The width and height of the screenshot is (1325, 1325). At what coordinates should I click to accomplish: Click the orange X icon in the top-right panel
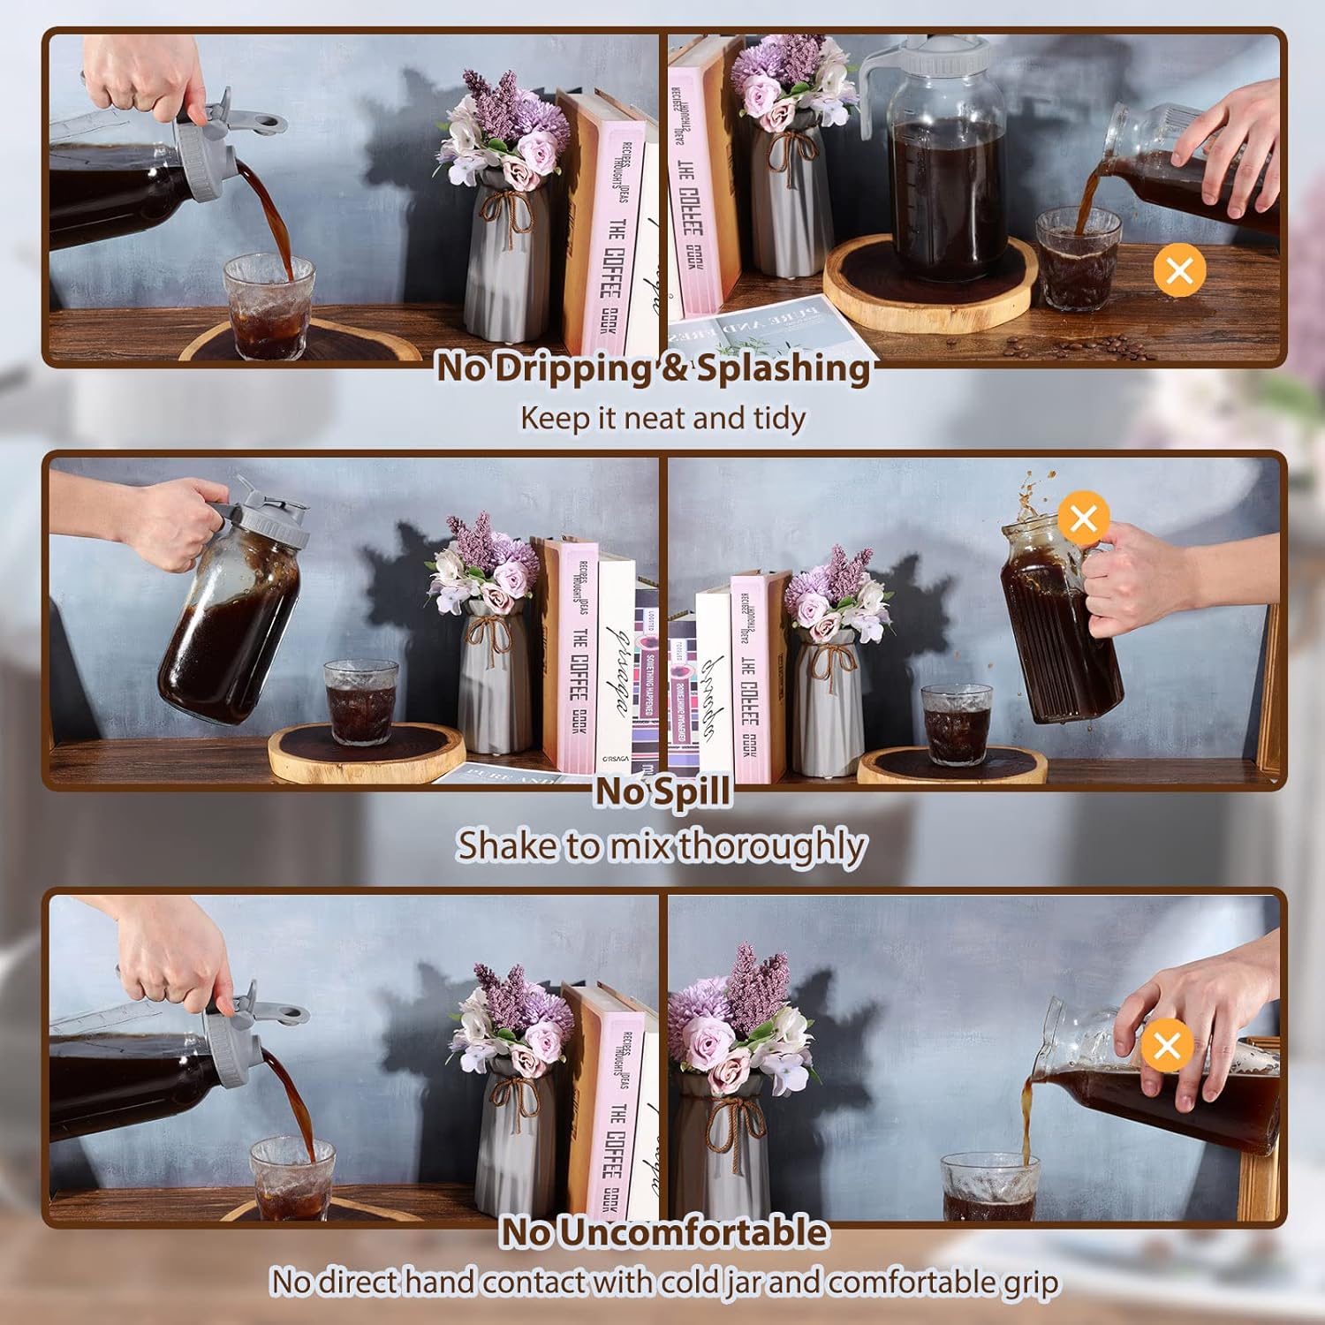point(1179,269)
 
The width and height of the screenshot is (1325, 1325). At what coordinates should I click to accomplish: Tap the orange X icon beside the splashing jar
point(1083,517)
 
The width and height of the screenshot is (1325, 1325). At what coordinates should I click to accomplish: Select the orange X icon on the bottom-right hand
point(1167,1046)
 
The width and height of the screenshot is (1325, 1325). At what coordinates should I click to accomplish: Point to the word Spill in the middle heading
point(688,791)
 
